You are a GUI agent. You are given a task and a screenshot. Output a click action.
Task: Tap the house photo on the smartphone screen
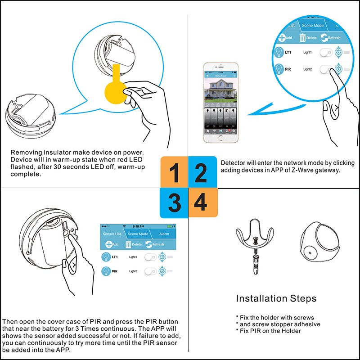(x=220, y=92)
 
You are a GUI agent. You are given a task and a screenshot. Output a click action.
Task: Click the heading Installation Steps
(x=276, y=298)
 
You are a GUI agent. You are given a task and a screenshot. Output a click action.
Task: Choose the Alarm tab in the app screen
(x=164, y=234)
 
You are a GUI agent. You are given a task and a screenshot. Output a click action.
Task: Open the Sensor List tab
(x=112, y=234)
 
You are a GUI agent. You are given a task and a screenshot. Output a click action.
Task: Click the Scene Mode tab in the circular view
(x=313, y=26)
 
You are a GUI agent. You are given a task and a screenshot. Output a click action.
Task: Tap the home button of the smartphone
(x=220, y=139)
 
